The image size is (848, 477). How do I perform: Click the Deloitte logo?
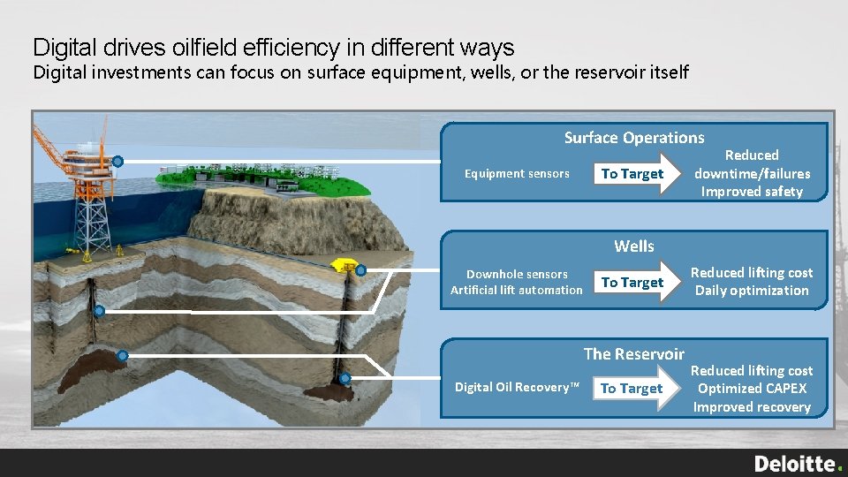coord(798,464)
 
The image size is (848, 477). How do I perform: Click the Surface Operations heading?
coord(634,138)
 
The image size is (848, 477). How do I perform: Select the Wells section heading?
coord(634,246)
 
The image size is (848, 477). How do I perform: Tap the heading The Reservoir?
coord(633,354)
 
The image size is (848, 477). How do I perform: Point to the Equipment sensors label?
coord(517,174)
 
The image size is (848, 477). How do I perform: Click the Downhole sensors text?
coord(517,275)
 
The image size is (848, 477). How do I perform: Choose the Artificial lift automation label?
coord(517,291)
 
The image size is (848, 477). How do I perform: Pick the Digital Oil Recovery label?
coord(517,388)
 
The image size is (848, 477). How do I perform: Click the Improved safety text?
coord(752,192)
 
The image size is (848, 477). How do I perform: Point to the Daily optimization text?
coord(752,291)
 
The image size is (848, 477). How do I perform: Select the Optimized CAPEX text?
coord(752,389)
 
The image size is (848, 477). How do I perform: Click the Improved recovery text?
coord(752,407)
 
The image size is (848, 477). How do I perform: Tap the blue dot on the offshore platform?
coord(117,162)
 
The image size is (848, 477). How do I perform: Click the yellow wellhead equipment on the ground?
coord(341,265)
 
